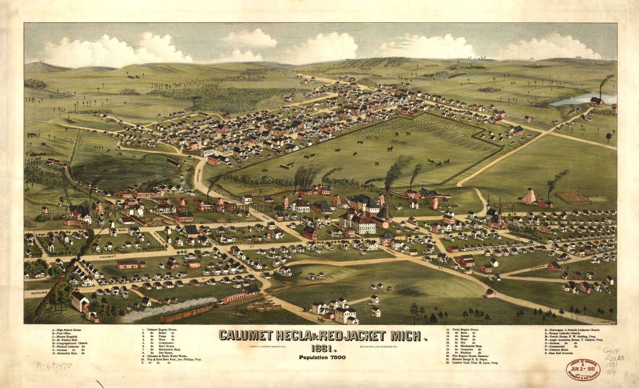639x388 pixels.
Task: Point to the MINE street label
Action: pos(122,230)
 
